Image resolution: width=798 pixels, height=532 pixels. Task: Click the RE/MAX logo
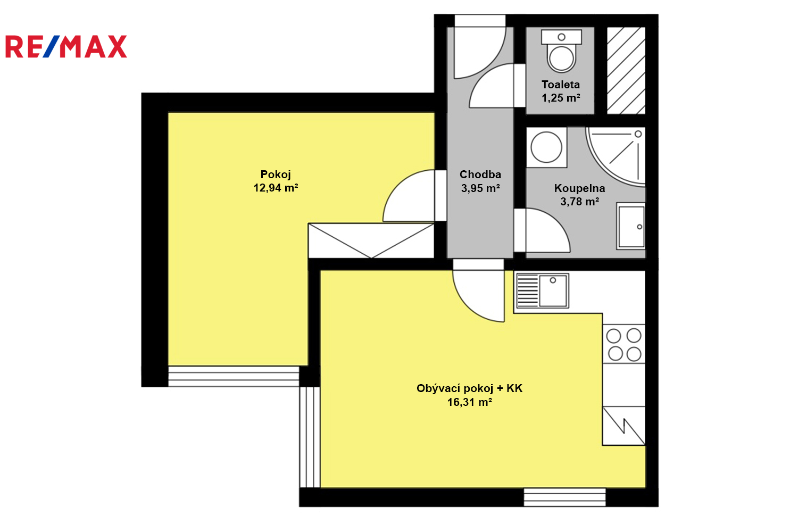[x=66, y=46]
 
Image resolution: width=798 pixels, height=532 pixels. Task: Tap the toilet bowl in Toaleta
[x=561, y=51]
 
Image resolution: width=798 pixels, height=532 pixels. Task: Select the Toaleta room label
[x=561, y=85]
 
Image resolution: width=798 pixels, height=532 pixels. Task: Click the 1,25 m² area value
[x=561, y=98]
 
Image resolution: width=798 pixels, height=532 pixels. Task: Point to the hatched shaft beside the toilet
[x=626, y=71]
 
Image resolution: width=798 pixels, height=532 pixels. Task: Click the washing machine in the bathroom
[x=546, y=147]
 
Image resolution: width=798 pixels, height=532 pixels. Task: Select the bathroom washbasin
[x=630, y=226]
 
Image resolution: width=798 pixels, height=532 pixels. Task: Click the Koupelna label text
[x=579, y=188]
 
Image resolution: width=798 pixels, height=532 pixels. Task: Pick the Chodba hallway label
[x=480, y=174]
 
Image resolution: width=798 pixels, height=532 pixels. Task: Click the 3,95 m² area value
[x=480, y=188]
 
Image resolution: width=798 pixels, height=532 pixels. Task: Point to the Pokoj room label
[x=276, y=174]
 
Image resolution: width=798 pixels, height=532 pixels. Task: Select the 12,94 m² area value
[x=276, y=187]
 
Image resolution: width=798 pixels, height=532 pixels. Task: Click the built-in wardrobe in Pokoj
[x=371, y=240]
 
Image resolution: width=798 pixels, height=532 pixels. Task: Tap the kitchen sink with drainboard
[x=542, y=290]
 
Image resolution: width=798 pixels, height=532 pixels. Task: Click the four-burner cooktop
[x=624, y=344]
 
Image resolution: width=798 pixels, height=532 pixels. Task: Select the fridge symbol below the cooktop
[x=624, y=426]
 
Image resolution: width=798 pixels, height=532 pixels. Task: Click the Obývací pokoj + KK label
[x=469, y=388]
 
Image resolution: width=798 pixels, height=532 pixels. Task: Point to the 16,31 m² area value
[x=469, y=402]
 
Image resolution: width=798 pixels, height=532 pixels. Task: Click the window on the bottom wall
[x=564, y=497]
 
